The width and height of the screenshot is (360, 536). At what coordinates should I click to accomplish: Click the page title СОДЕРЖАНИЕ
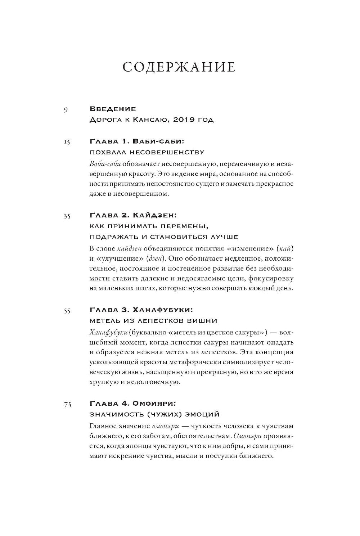coord(179,67)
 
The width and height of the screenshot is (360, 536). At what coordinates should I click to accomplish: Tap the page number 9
coord(66,110)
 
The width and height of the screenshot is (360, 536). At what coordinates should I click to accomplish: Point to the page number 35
coord(67,216)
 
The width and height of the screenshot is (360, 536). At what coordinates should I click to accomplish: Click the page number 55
coord(67,311)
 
